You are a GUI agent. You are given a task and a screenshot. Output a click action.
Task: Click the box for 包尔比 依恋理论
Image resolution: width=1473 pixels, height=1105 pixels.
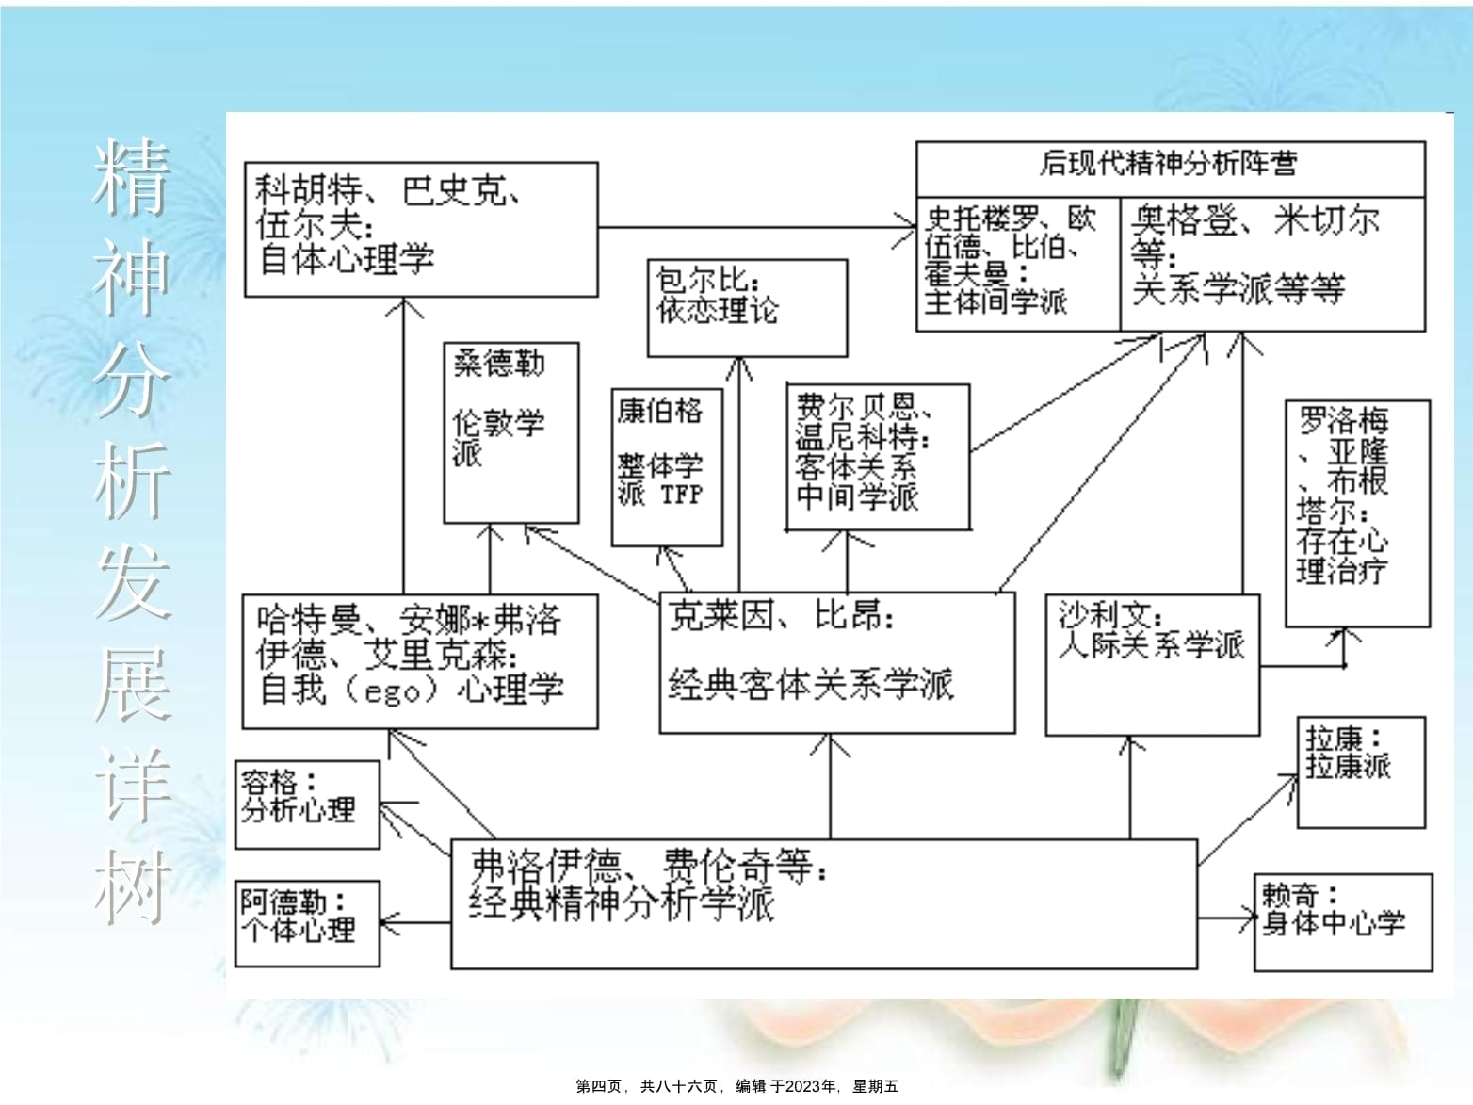click(747, 308)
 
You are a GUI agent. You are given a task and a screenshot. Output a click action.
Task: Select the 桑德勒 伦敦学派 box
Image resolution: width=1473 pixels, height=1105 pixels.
click(511, 432)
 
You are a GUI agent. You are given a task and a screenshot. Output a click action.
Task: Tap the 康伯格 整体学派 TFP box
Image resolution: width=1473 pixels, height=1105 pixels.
click(667, 467)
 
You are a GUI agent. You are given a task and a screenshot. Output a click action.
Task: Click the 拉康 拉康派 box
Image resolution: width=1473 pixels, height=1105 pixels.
click(1361, 772)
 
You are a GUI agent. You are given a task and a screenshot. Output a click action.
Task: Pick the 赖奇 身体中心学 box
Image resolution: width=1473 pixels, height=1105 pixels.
click(1343, 922)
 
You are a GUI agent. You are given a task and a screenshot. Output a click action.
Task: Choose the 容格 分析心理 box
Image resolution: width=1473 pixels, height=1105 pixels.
click(307, 804)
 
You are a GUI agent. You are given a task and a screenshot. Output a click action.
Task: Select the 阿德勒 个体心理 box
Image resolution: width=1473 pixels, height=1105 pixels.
click(307, 923)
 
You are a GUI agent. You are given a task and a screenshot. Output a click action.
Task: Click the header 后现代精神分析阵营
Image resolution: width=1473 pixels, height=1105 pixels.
click(1169, 164)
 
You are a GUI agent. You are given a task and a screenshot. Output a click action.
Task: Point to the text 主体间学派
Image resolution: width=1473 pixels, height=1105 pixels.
click(995, 301)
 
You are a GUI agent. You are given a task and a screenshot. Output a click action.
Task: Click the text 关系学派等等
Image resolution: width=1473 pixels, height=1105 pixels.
click(1238, 289)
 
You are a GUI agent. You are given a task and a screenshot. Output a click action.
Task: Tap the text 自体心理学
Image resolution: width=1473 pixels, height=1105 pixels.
click(347, 259)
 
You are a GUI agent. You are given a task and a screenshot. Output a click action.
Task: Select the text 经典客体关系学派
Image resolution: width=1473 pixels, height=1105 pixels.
click(811, 685)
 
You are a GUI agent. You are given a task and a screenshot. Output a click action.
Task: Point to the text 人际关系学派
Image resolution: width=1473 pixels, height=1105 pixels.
click(1152, 645)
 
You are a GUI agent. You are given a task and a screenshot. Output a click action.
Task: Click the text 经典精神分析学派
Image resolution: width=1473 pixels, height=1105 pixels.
click(622, 903)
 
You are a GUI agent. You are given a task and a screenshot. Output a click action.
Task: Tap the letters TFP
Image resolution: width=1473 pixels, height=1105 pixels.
click(682, 496)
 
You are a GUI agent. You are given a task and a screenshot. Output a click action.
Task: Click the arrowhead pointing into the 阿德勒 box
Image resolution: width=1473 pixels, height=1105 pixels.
click(389, 923)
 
